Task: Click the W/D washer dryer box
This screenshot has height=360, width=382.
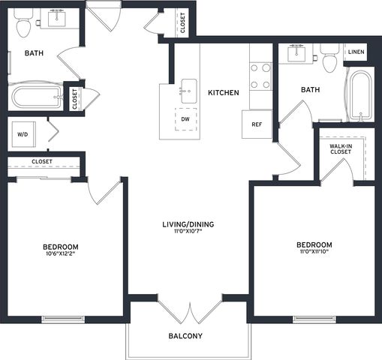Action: (x=24, y=134)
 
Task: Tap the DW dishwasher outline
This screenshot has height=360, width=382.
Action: (x=185, y=119)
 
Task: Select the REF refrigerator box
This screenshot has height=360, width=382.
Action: (x=257, y=124)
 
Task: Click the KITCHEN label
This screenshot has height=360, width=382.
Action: (x=224, y=93)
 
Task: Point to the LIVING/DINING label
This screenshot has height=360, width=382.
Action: (x=188, y=224)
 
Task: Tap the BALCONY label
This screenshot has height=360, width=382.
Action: (x=185, y=336)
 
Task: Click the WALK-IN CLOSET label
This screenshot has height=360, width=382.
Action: (x=341, y=149)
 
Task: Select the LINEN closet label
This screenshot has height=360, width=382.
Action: (x=356, y=52)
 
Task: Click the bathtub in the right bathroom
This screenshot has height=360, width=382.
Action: (x=360, y=94)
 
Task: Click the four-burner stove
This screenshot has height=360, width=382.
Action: (x=260, y=76)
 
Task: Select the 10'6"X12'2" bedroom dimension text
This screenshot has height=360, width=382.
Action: (x=60, y=253)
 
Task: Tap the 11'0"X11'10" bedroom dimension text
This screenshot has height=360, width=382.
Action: (x=314, y=251)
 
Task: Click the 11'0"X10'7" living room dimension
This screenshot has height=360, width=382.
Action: (x=188, y=231)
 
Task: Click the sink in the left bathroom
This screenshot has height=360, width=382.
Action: (x=57, y=18)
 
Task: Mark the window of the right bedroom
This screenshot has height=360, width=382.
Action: (x=314, y=319)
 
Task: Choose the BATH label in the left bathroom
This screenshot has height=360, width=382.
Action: (x=34, y=53)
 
